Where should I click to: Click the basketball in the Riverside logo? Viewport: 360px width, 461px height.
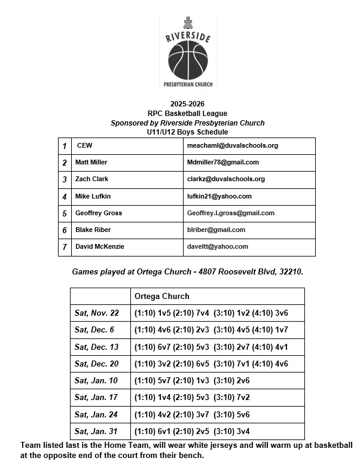tap(187, 61)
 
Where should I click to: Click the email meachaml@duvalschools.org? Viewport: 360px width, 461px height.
tap(233, 145)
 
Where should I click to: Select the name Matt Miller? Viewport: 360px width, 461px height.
tap(91, 162)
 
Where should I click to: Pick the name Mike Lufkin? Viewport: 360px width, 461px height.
tap(93, 196)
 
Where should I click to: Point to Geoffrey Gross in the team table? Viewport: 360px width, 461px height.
tap(99, 213)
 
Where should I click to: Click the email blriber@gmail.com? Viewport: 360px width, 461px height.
tap(216, 230)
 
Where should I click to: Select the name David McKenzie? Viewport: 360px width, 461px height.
tap(100, 246)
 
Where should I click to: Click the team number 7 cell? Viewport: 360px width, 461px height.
tap(65, 247)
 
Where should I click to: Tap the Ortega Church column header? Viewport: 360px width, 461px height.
tap(162, 296)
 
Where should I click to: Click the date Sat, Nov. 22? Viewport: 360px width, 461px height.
tap(97, 313)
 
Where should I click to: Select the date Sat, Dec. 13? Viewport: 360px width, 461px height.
tap(97, 347)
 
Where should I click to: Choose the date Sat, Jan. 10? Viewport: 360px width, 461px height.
tap(96, 380)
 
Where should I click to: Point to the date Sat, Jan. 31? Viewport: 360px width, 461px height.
tap(96, 431)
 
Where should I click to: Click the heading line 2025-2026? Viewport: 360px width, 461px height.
tap(187, 103)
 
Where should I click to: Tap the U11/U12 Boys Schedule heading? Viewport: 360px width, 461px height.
tap(187, 132)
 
